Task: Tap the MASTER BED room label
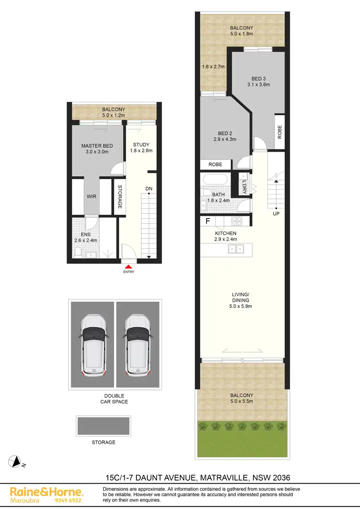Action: coord(97,146)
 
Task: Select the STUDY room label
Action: coord(141,145)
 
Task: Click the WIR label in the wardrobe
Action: coord(92,196)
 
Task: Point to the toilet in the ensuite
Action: coord(79,251)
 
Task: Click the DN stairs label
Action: coord(149,189)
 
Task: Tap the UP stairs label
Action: coord(276,213)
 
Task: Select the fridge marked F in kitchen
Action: coord(208,221)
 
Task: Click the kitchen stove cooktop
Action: coord(237,221)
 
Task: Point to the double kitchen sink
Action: coord(236,249)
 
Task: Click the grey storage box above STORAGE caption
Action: coord(103,425)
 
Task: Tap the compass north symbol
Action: coord(16,462)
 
